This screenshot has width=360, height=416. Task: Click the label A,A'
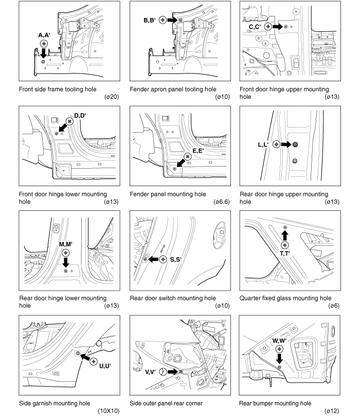tap(45, 35)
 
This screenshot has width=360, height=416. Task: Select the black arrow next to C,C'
tap(276, 26)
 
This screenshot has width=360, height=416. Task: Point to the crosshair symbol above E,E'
tap(187, 156)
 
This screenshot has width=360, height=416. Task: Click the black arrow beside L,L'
tap(285, 144)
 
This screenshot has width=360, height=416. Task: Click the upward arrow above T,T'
tap(284, 236)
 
